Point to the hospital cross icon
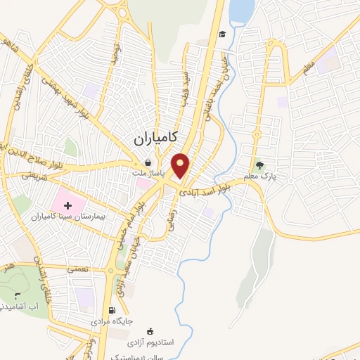pyautogui.click(x=68, y=206)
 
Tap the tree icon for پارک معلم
pyautogui.click(x=261, y=166)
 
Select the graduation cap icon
pyautogui.click(x=222, y=34)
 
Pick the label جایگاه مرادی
pyautogui.click(x=112, y=321)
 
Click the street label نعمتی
pyautogui.click(x=75, y=269)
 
